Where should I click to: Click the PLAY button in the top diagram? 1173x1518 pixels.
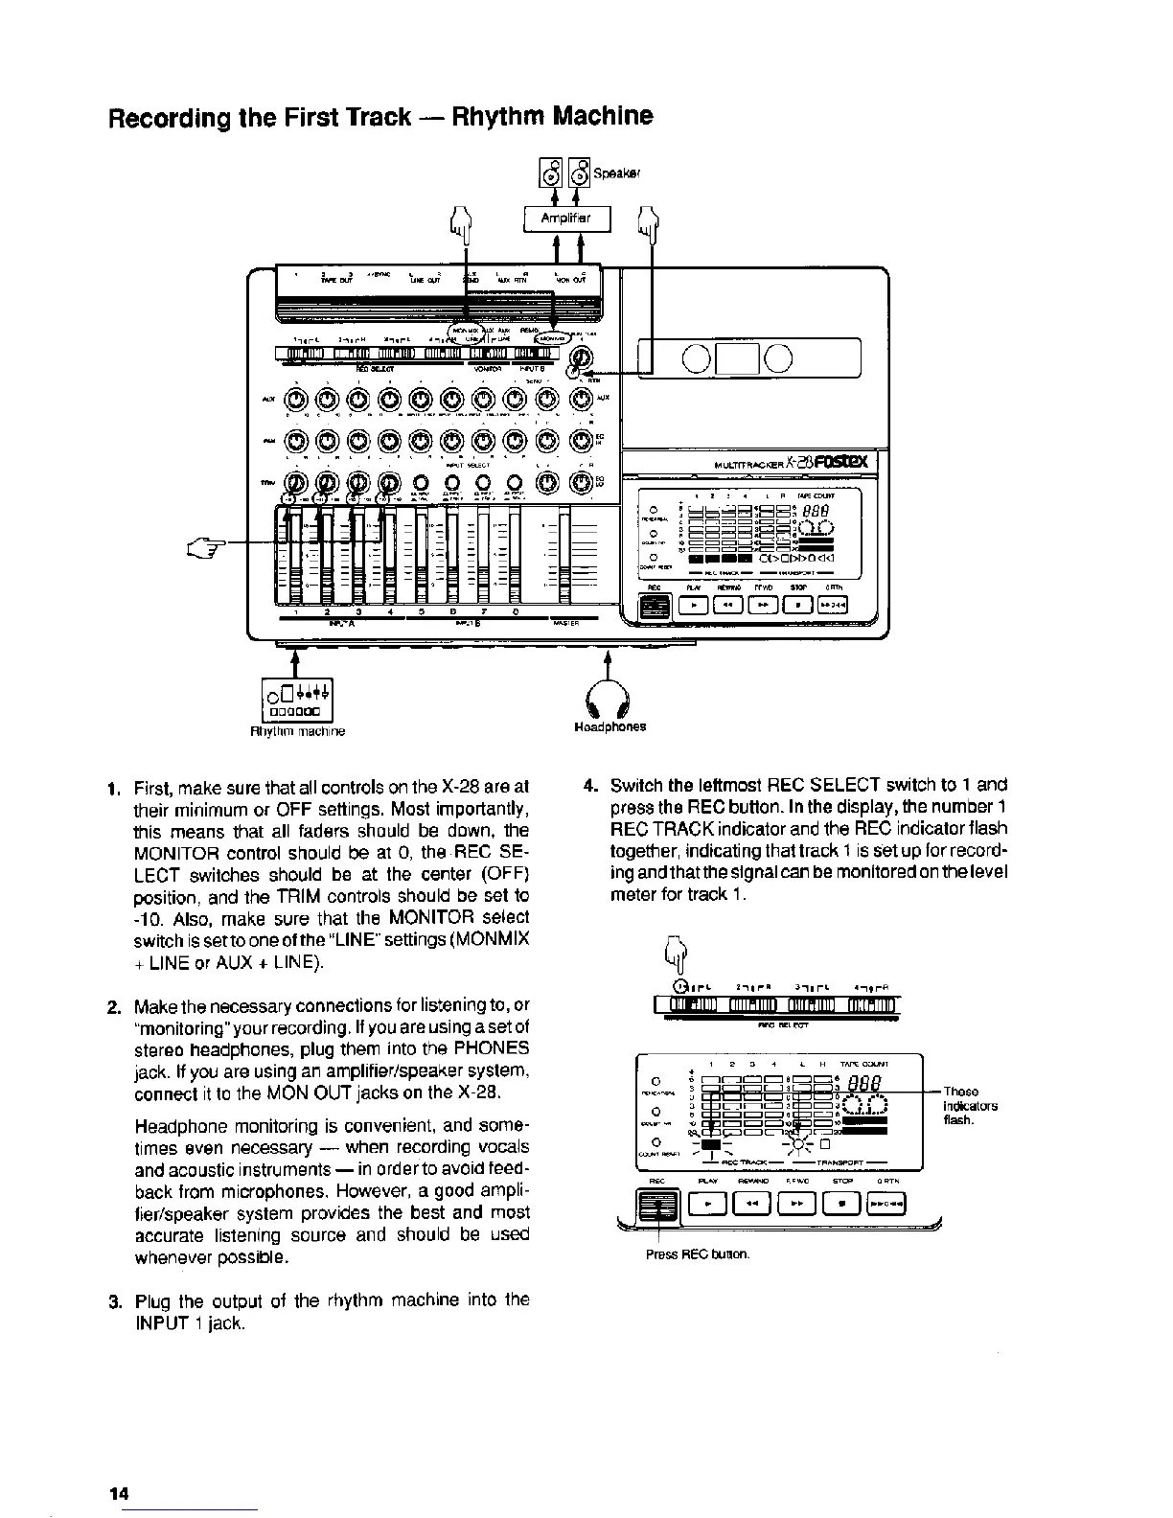[693, 605]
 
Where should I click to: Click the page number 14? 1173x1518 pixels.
[119, 1492]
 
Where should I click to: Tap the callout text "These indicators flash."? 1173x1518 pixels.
[970, 1105]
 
